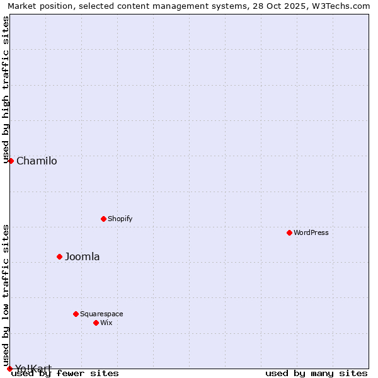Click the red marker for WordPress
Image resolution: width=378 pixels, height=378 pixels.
click(289, 232)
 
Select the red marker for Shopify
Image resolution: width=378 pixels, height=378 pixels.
click(103, 219)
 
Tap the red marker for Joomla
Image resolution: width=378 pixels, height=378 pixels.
click(59, 256)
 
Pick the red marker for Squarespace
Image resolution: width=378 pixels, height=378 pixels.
click(76, 314)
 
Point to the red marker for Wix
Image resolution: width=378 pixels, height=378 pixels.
click(96, 323)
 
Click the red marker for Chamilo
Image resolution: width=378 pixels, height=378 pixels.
click(11, 161)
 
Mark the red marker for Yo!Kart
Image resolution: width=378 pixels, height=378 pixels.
click(9, 369)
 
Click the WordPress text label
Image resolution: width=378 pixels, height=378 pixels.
click(311, 232)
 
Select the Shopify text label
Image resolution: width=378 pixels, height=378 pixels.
click(120, 219)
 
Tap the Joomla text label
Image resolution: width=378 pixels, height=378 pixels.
click(83, 256)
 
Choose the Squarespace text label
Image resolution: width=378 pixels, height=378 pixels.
click(101, 314)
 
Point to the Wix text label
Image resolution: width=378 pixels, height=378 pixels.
click(106, 323)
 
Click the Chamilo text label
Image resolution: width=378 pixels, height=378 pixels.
click(37, 161)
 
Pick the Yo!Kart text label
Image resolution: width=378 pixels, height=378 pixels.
click(33, 369)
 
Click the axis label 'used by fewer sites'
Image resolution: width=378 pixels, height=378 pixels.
click(65, 373)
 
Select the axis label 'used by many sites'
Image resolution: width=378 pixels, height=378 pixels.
click(316, 373)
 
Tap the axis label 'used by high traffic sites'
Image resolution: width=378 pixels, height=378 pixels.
click(6, 89)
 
